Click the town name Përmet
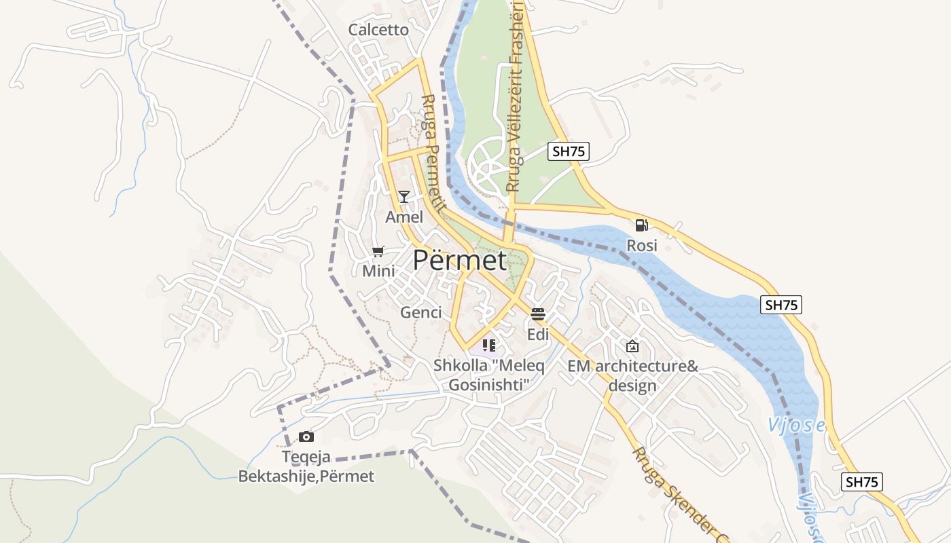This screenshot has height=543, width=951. click(x=460, y=260)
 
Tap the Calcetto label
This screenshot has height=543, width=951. click(x=378, y=30)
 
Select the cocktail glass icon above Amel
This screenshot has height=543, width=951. click(x=404, y=197)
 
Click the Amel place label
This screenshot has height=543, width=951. click(x=404, y=217)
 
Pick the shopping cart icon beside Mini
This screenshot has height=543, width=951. click(x=378, y=252)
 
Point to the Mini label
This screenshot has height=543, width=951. click(x=378, y=271)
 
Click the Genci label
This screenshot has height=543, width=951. click(x=421, y=312)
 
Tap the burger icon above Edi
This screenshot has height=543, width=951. click(x=538, y=314)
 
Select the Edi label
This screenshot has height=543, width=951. click(x=538, y=335)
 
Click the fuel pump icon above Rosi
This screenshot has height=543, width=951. click(x=641, y=225)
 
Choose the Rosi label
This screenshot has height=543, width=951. click(x=642, y=245)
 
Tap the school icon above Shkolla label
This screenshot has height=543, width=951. click(x=489, y=345)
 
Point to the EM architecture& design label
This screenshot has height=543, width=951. click(x=632, y=376)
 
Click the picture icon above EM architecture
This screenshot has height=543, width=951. click(x=632, y=346)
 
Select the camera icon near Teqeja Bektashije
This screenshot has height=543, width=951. click(x=306, y=436)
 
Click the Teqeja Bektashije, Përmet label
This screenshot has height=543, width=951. click(x=306, y=466)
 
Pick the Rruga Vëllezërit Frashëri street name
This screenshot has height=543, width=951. click(x=516, y=95)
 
